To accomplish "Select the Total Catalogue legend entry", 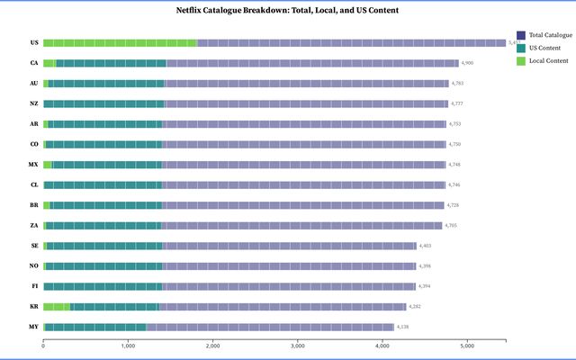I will click(550, 34).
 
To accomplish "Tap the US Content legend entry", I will click(545, 47).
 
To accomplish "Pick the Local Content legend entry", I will click(548, 60).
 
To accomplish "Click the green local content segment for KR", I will click(56, 307).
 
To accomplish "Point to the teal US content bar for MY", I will click(94, 327).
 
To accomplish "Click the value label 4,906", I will click(467, 63).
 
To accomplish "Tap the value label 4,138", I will click(402, 327).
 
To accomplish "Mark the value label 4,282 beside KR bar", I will click(415, 307).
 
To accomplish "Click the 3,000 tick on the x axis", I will click(298, 346).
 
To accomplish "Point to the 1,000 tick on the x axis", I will click(128, 346).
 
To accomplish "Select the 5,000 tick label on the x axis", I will click(467, 346).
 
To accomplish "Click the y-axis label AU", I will click(33, 83).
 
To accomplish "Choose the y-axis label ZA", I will click(33, 225).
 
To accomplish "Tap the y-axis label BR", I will click(33, 205).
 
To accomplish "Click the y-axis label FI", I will click(33, 286).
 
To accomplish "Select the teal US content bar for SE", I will click(104, 246).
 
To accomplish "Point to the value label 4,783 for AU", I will click(457, 83).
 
